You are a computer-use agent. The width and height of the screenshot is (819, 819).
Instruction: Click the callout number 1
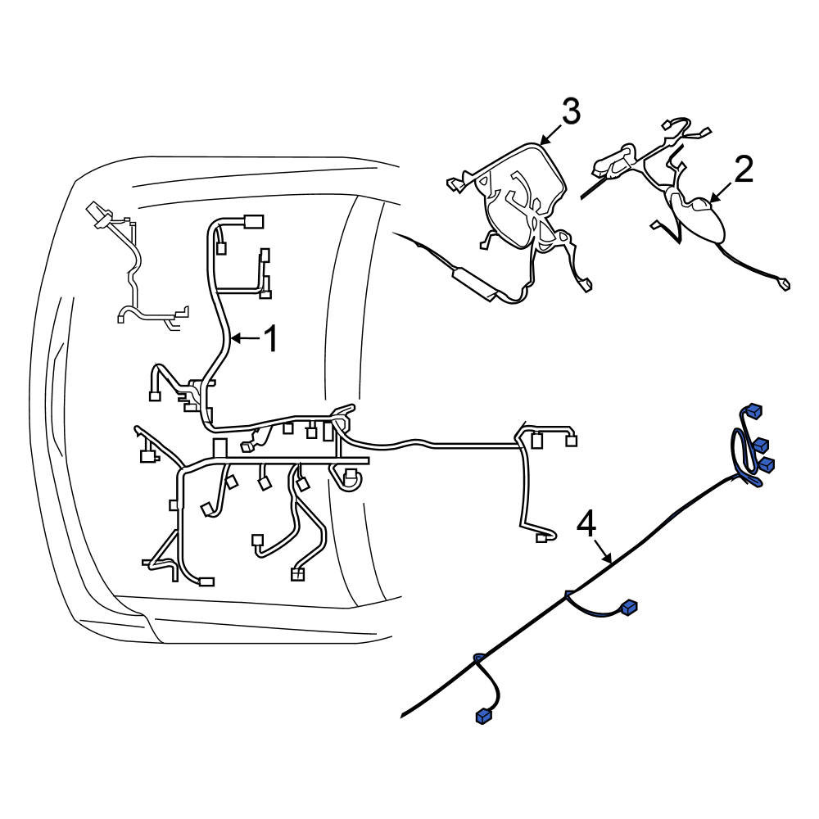(x=270, y=338)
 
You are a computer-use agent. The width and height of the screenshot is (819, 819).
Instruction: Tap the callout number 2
(x=744, y=169)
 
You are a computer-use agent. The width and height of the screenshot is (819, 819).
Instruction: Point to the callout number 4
(x=586, y=524)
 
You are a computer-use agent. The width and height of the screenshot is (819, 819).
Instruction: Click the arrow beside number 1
(x=245, y=338)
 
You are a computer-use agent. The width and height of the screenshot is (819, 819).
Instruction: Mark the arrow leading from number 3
(x=550, y=133)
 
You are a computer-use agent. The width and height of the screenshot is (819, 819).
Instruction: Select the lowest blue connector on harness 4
(x=484, y=716)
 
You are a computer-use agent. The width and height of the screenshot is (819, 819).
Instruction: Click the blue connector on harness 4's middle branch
(x=629, y=607)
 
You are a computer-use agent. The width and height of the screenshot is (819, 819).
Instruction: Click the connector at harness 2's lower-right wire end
(x=784, y=285)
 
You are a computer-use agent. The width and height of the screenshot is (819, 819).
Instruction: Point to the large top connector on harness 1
(x=253, y=222)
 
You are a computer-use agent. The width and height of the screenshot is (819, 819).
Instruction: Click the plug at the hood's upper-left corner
(x=97, y=213)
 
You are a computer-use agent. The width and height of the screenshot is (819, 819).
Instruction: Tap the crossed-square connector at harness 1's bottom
(x=297, y=575)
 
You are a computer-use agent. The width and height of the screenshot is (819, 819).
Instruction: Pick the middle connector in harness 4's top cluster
(x=761, y=445)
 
